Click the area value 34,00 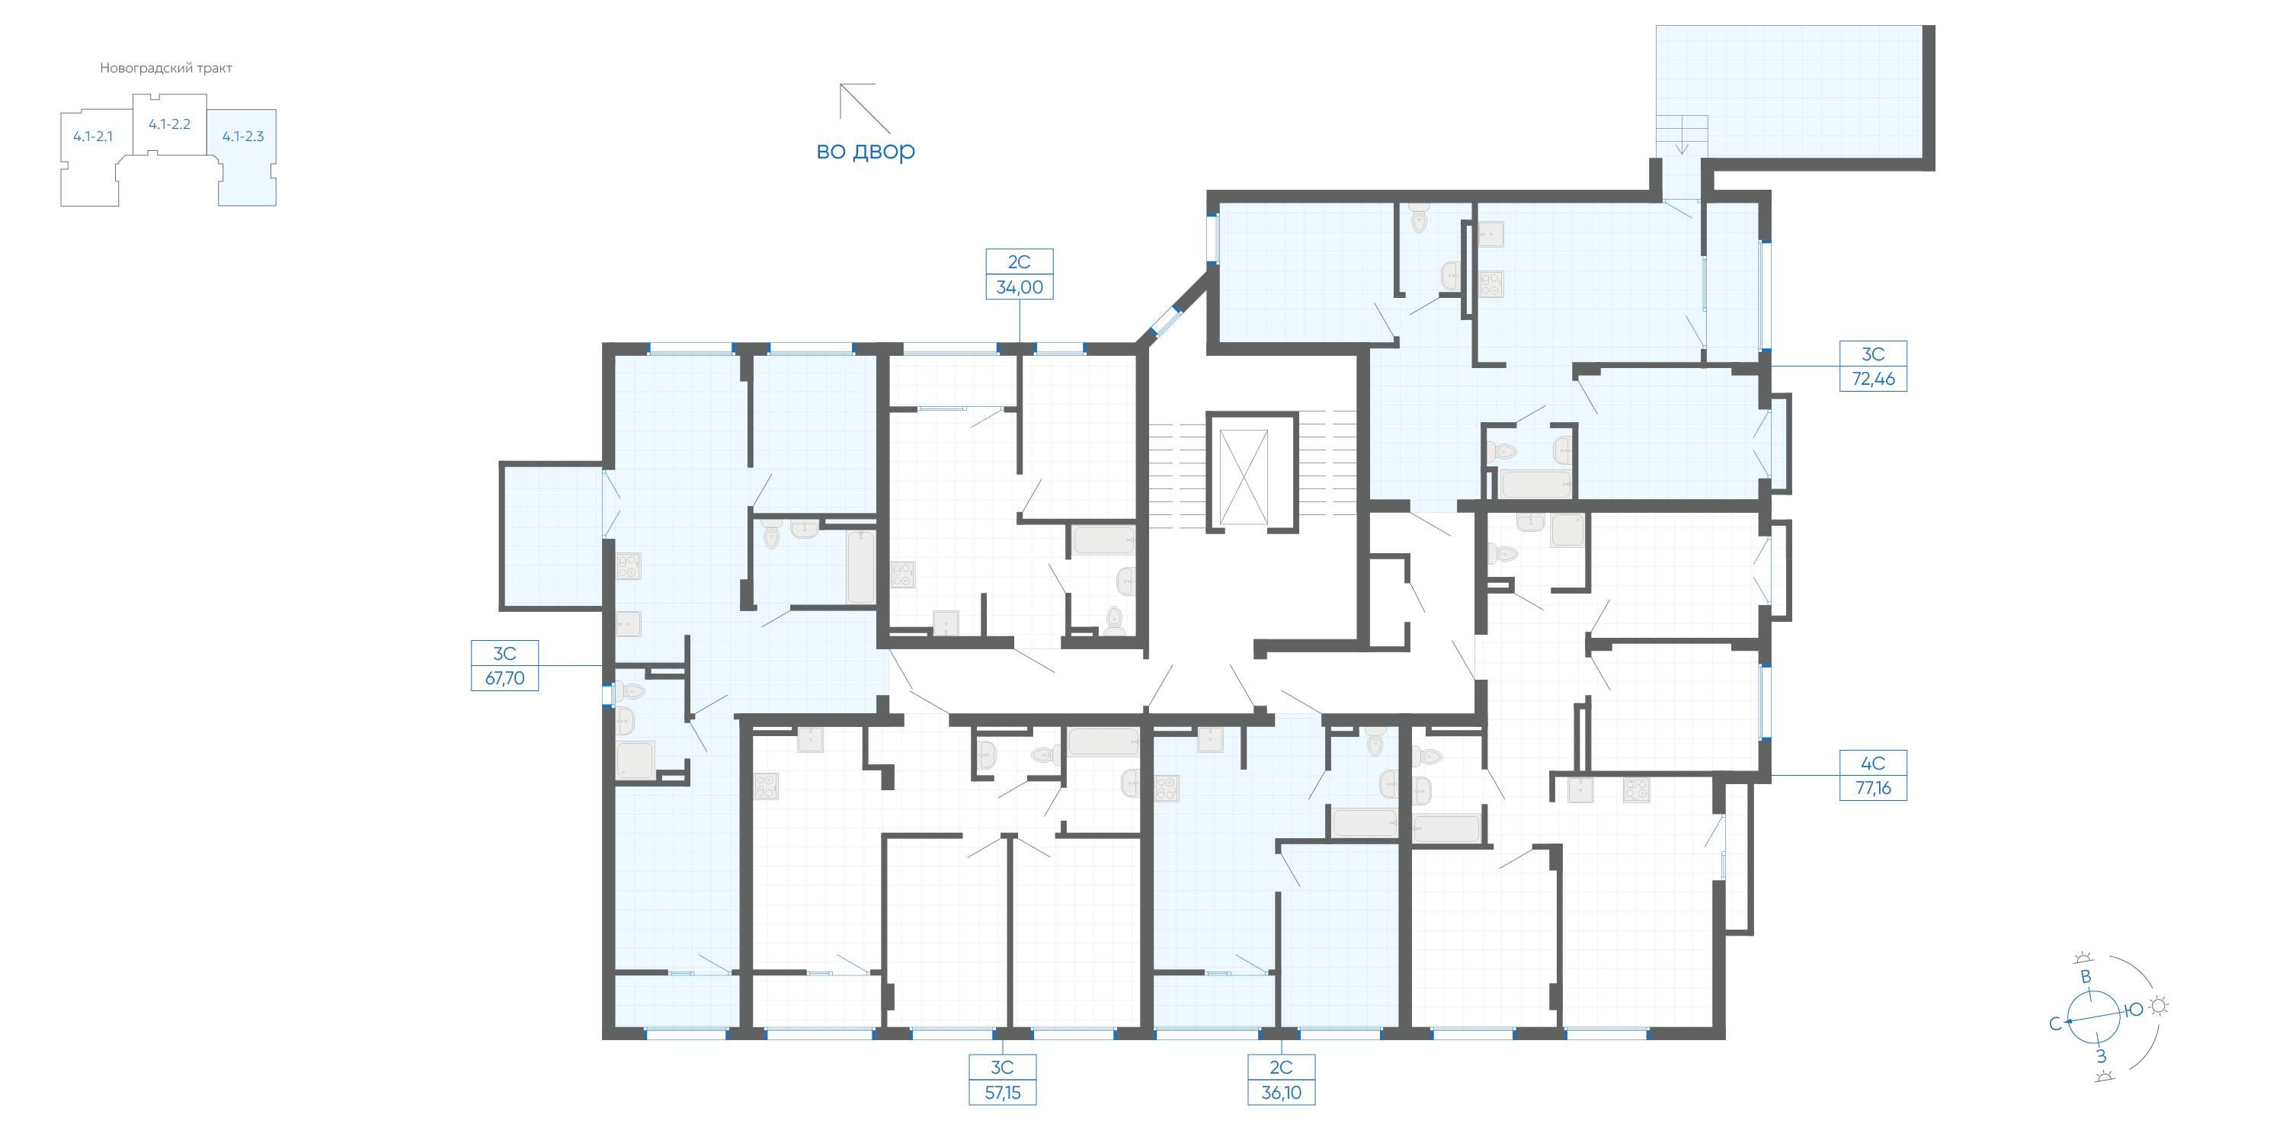(1020, 287)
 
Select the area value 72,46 (1873, 379)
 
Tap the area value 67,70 (505, 679)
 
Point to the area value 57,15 (1003, 1093)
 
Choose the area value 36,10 (1282, 1093)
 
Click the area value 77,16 (1873, 788)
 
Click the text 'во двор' (865, 151)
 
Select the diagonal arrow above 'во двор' (865, 108)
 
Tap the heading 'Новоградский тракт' (166, 69)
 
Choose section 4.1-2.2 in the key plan (169, 124)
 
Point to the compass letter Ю (2134, 1010)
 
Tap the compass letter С (2054, 1024)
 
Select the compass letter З (2101, 1056)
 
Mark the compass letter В (2086, 977)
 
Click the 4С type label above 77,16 (1873, 764)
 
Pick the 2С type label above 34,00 (1020, 262)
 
